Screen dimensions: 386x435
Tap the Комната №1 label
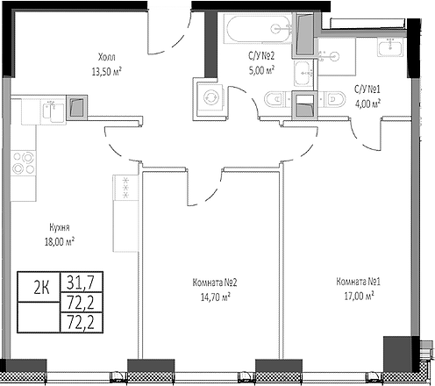356,282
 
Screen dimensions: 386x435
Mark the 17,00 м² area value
356,297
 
